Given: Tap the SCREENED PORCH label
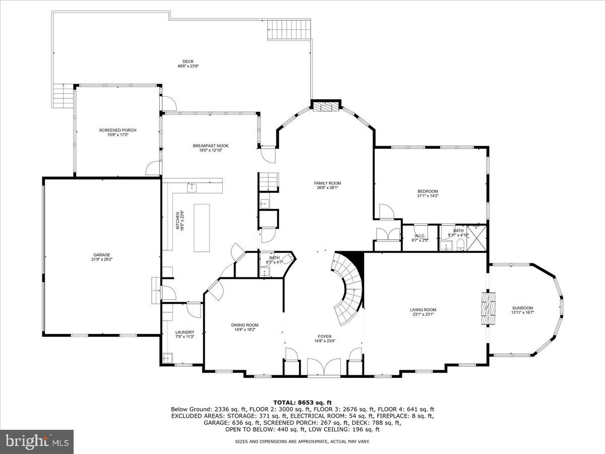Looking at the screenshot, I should pyautogui.click(x=117, y=130).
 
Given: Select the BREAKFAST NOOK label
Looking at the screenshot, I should pyautogui.click(x=207, y=146).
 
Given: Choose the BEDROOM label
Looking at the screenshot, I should pyautogui.click(x=428, y=191).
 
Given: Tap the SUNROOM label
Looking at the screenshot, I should pyautogui.click(x=522, y=308).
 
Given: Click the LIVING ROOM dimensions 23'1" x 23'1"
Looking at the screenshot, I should pyautogui.click(x=422, y=315).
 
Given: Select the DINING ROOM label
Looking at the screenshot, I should pyautogui.click(x=245, y=325).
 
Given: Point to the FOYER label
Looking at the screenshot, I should pyautogui.click(x=324, y=336).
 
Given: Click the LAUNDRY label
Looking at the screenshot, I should pyautogui.click(x=185, y=332).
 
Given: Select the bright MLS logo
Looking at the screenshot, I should pyautogui.click(x=37, y=441).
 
